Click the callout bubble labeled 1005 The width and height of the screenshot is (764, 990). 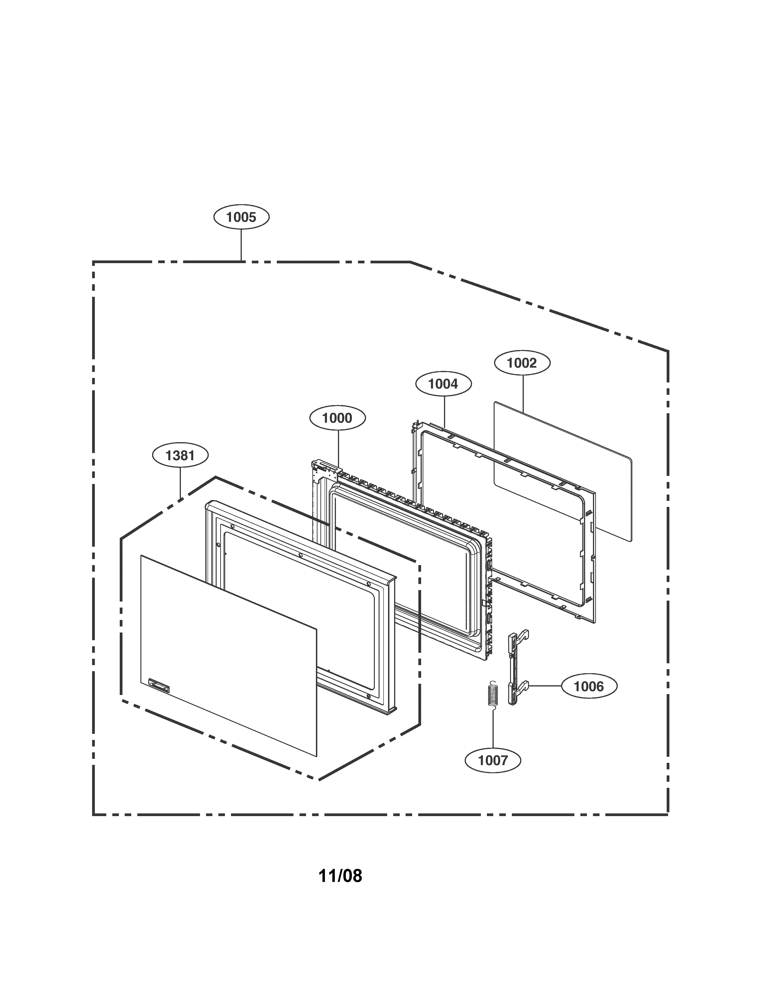click(241, 217)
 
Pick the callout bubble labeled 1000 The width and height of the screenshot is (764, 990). click(337, 418)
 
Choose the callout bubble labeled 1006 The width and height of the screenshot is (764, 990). click(589, 699)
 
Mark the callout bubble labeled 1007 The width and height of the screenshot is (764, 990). click(493, 760)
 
